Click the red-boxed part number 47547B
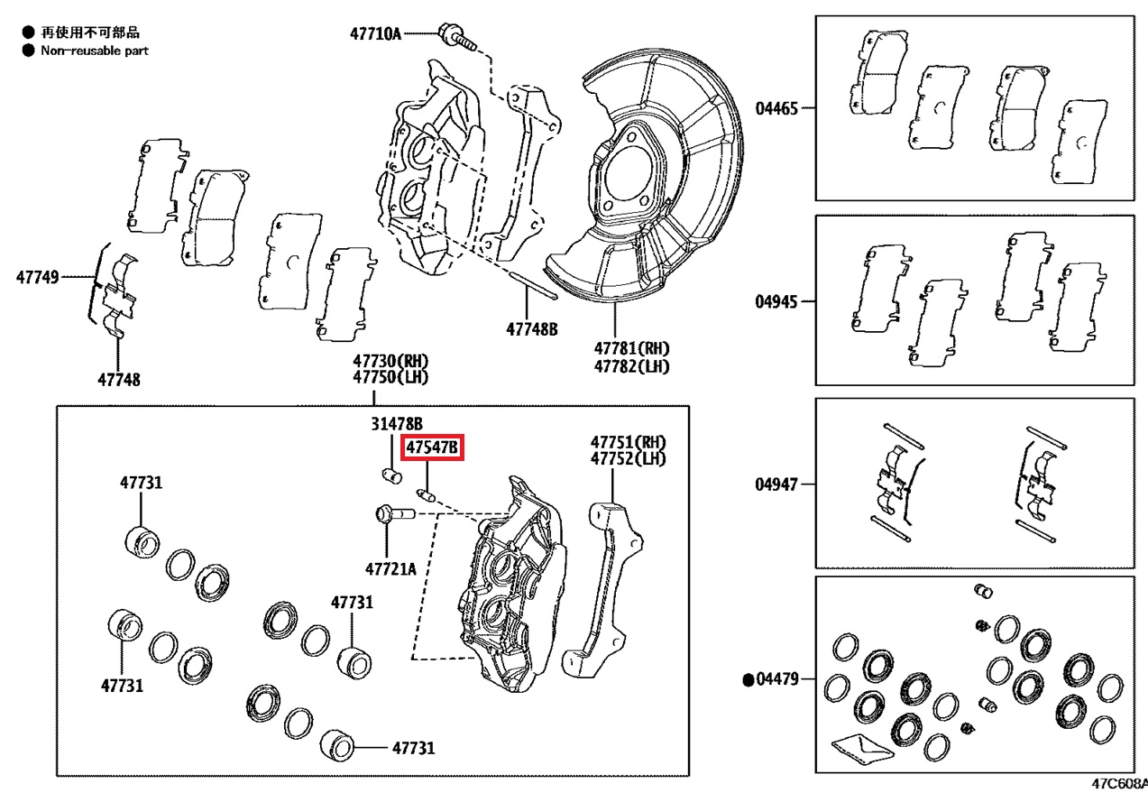(432, 447)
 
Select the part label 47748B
(531, 329)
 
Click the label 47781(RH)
(631, 347)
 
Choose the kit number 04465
(776, 109)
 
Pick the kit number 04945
(776, 301)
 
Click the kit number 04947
(776, 484)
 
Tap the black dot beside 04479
(748, 679)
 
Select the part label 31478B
(397, 424)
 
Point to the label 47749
(37, 277)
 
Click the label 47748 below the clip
(119, 380)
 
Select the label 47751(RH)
(628, 442)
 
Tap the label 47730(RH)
(390, 361)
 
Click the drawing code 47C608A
(1118, 785)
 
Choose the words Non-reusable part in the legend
(95, 51)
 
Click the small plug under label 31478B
(390, 475)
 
